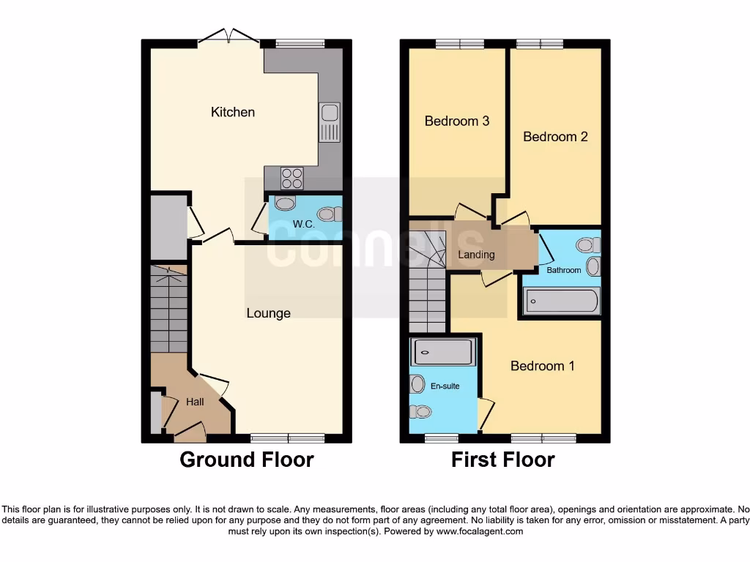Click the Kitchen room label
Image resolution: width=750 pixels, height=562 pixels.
tap(233, 112)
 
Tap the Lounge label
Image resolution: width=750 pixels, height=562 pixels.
tap(268, 313)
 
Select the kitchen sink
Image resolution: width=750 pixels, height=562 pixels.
tap(330, 122)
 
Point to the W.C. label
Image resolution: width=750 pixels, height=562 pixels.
tap(303, 223)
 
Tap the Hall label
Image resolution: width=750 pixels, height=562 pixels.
tap(195, 402)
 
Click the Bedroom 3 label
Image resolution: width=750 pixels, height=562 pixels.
tap(457, 121)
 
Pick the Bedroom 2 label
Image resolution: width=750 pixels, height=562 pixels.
tap(555, 136)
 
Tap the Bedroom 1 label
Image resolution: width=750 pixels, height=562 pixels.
tap(542, 366)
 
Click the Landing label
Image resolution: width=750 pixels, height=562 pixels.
tap(476, 255)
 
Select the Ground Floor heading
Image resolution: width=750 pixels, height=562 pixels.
tap(247, 460)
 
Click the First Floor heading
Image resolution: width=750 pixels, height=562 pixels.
tap(503, 460)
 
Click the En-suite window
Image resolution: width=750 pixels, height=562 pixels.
tap(442, 438)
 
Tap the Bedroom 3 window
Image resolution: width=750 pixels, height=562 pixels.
tap(460, 44)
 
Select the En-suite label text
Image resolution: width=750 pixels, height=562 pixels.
tap(445, 386)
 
